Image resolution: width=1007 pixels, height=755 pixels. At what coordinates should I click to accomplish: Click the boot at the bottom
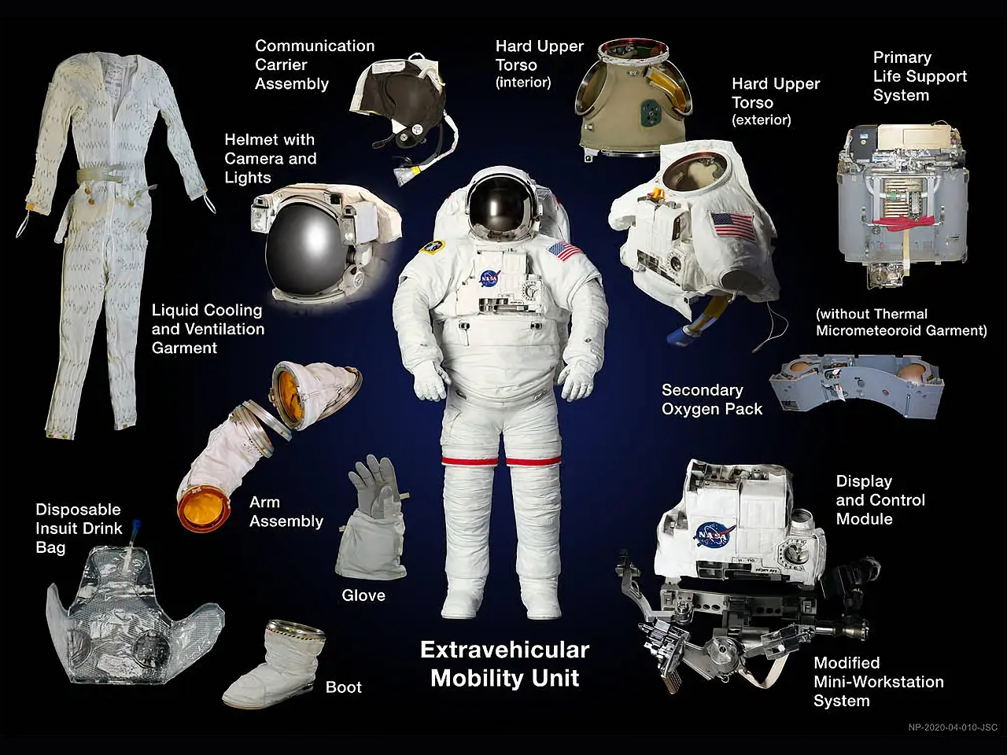tap(275, 663)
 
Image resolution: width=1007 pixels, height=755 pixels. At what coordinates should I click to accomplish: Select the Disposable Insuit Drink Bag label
tap(79, 528)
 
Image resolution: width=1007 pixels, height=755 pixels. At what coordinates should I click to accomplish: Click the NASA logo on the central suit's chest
tap(490, 278)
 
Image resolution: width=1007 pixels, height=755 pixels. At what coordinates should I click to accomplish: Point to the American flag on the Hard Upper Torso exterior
tap(732, 226)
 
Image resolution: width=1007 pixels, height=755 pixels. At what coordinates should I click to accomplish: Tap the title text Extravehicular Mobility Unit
tap(504, 664)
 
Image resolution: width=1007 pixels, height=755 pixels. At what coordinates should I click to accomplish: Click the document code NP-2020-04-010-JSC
tap(953, 727)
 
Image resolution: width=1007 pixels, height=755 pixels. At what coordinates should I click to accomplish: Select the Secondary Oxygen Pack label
tap(711, 400)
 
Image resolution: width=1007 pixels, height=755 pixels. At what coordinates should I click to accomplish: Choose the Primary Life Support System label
tap(920, 76)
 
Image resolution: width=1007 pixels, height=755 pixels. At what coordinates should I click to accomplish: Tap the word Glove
tap(363, 595)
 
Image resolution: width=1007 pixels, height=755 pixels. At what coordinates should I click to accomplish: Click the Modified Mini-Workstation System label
tap(879, 682)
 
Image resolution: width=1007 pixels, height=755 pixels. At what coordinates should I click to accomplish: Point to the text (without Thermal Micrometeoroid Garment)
tap(901, 322)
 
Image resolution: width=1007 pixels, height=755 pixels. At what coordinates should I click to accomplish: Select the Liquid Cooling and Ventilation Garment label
tap(208, 329)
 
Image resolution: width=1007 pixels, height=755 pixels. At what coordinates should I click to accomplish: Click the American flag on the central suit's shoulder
tap(565, 252)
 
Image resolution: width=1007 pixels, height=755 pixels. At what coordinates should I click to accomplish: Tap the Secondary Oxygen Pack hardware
tap(857, 386)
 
